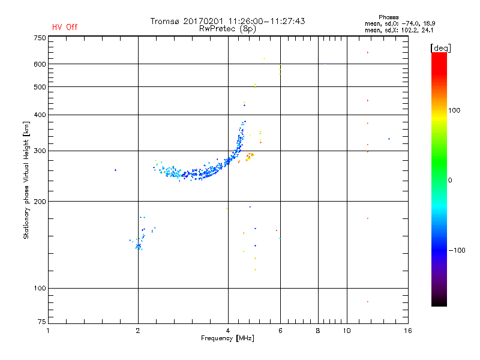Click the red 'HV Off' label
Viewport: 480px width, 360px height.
tap(65, 27)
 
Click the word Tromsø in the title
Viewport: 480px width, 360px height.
tap(167, 21)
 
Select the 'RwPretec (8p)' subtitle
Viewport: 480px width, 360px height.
tap(228, 28)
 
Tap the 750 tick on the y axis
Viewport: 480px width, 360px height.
tap(40, 38)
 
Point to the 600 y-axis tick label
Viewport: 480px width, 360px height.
tap(40, 64)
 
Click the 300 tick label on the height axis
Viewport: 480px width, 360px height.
tap(40, 151)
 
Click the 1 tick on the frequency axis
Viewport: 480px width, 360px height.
tap(48, 331)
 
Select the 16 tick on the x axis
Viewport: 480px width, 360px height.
tap(407, 331)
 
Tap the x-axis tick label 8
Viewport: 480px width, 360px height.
tap(318, 331)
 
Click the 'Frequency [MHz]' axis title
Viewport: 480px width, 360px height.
tap(227, 338)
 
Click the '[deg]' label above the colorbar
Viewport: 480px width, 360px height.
tap(441, 47)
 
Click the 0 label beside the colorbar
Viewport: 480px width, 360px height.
tap(451, 180)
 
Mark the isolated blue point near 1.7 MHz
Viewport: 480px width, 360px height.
tap(115, 170)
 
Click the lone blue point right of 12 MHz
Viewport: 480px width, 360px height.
tap(389, 139)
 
